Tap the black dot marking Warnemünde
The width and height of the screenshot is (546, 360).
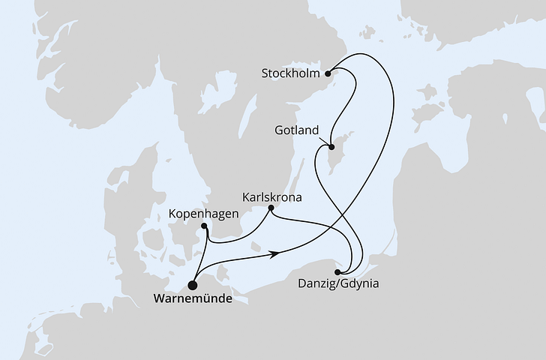point(193,285)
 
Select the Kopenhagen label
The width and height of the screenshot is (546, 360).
point(203,213)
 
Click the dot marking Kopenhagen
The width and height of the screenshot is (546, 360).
point(205,226)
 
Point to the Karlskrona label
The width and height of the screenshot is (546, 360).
point(272,198)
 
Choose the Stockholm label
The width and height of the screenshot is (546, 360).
point(291,73)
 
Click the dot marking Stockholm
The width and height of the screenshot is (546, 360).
point(328,73)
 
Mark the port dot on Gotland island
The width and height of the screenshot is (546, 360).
point(329,147)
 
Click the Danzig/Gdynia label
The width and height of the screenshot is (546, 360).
point(338,285)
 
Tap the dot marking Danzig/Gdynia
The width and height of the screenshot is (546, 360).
point(338,271)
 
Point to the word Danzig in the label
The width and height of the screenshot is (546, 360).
point(316,285)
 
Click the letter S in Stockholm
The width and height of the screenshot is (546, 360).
point(265,73)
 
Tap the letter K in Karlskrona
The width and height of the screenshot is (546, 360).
point(247,198)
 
